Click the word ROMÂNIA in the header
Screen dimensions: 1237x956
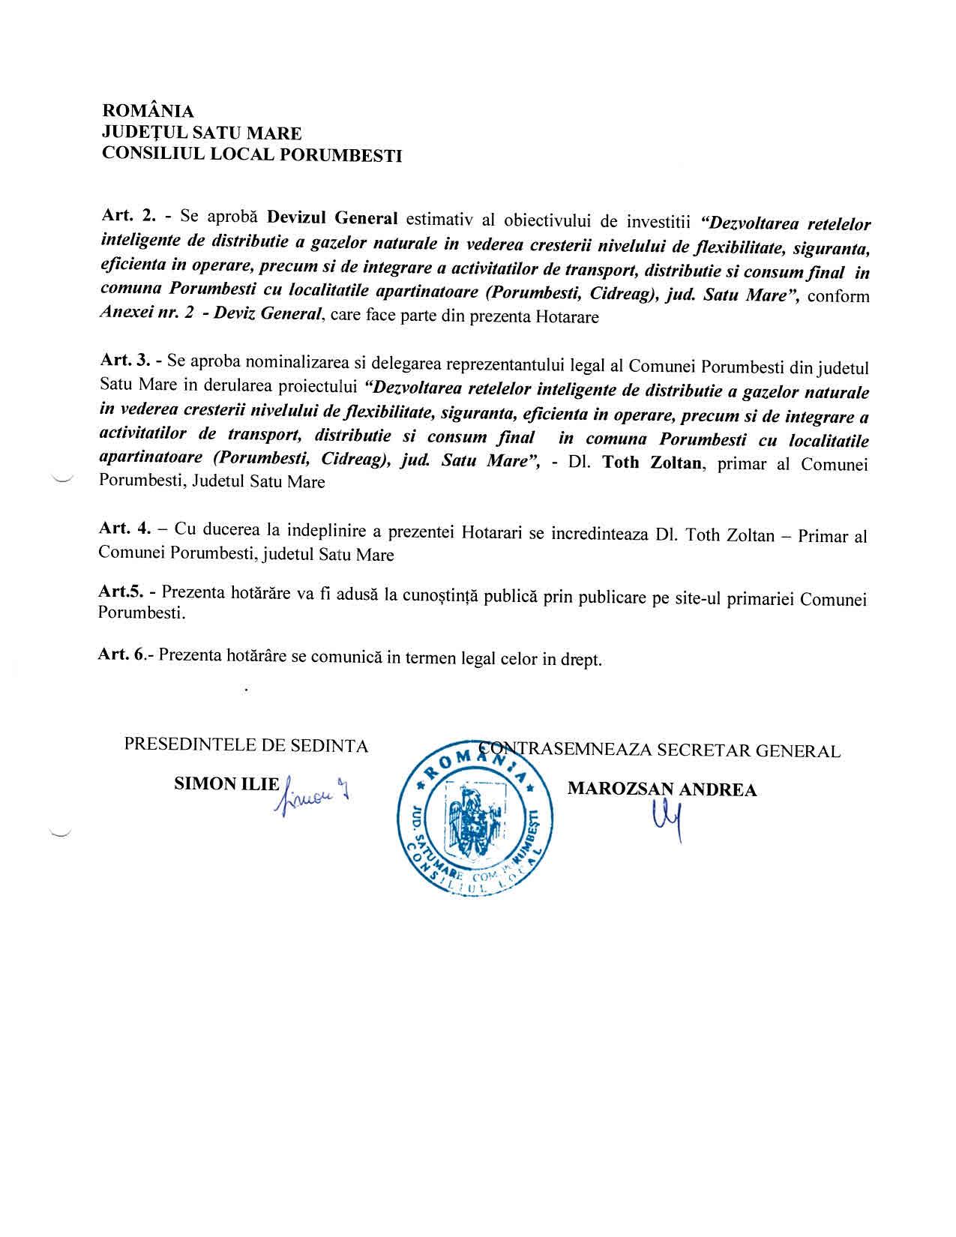[x=148, y=112]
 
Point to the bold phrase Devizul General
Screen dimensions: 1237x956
[x=331, y=217]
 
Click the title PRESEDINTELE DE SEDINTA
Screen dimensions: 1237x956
[x=246, y=746]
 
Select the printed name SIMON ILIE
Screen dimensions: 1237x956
[x=226, y=784]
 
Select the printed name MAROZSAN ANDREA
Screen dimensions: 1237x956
[x=662, y=789]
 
